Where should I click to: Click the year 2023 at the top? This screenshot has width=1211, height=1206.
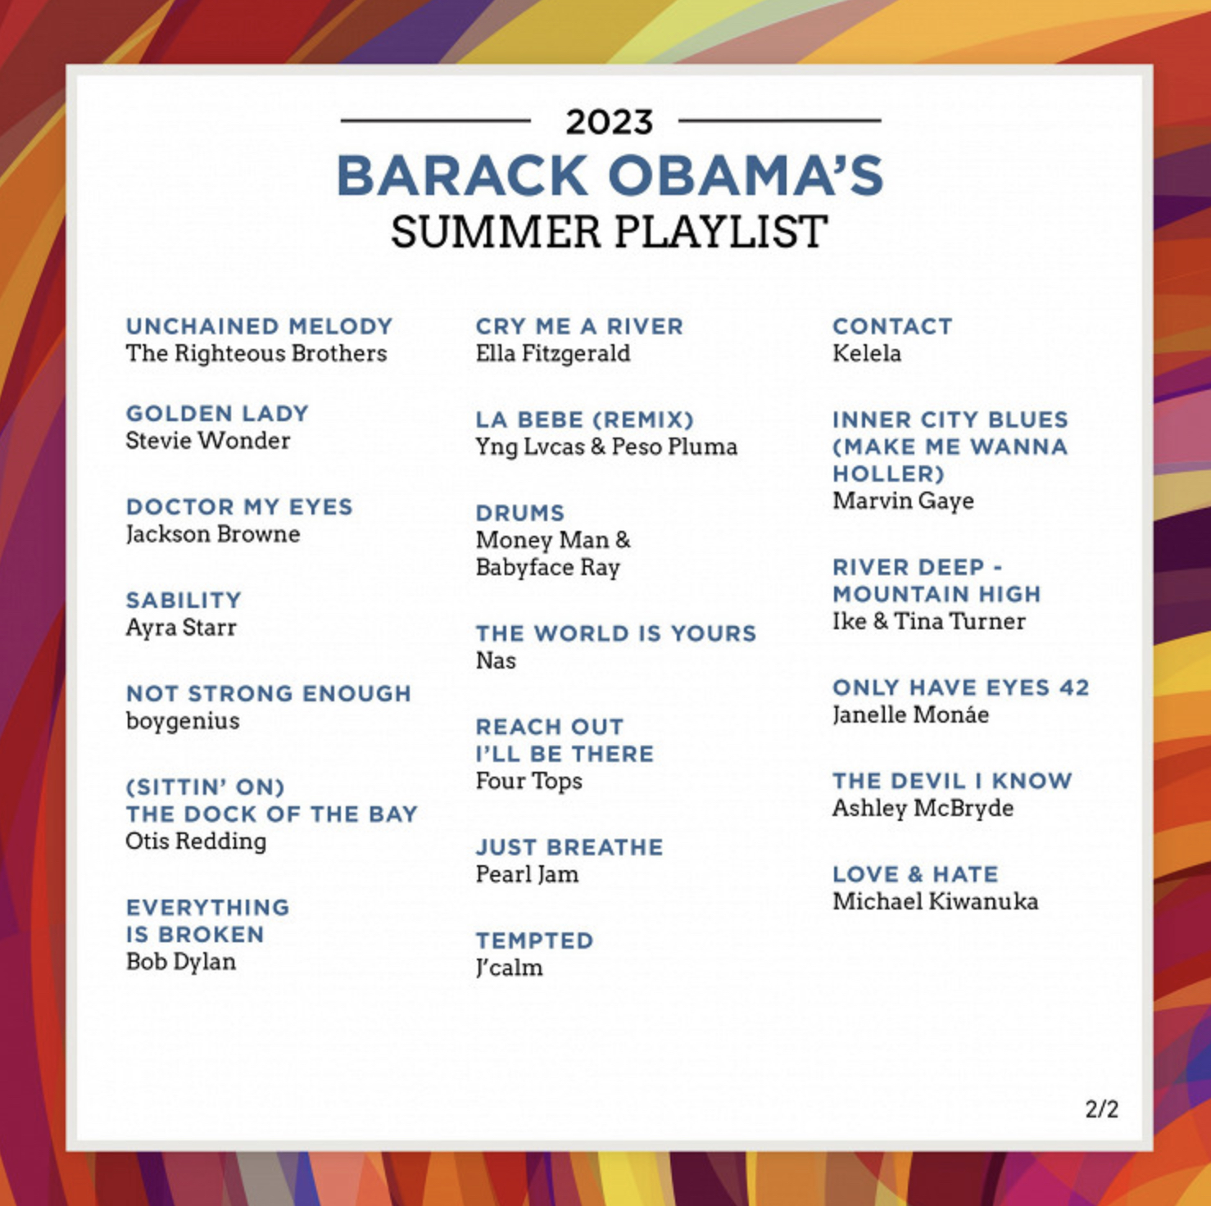(x=609, y=122)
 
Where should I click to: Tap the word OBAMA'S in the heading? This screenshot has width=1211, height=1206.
(x=746, y=175)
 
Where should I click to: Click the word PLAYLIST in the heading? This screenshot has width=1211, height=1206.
(x=720, y=232)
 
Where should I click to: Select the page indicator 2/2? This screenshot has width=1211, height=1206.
(x=1101, y=1109)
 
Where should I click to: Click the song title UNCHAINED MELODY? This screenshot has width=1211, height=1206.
(x=260, y=326)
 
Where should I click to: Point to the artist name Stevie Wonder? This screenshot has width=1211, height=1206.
(x=208, y=441)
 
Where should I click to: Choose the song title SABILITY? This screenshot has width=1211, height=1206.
(x=184, y=601)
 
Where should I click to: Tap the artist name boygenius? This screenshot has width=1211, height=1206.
(x=183, y=722)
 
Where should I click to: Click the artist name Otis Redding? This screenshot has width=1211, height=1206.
(x=196, y=841)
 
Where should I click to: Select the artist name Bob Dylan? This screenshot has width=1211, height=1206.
(x=181, y=962)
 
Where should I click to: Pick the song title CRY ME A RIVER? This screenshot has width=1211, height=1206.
(x=579, y=326)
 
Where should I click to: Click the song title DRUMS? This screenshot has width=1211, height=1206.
(x=520, y=513)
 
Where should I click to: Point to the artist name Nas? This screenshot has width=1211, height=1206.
(x=496, y=660)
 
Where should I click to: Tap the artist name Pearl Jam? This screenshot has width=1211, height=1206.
(x=527, y=874)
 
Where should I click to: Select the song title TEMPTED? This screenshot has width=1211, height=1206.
(x=535, y=941)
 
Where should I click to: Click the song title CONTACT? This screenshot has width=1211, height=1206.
(x=892, y=326)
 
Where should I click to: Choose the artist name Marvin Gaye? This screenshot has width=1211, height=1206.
(x=903, y=501)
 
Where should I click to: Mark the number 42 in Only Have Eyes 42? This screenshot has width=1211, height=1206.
(x=1074, y=687)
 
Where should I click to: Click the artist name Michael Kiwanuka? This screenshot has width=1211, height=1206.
(x=936, y=901)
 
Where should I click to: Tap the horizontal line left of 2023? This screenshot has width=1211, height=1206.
(x=436, y=121)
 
